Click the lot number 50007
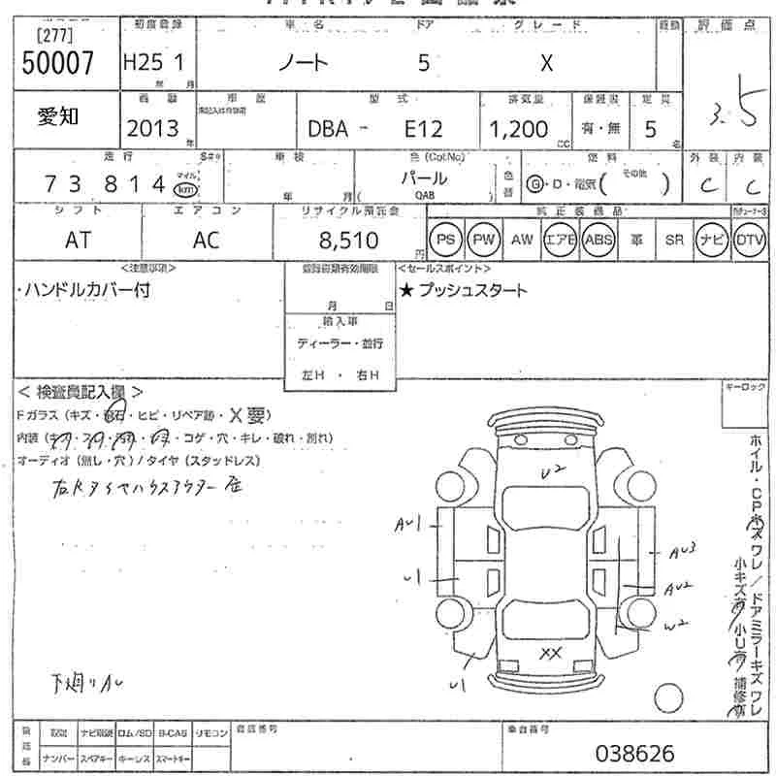tap(57, 63)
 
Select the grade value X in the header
tap(546, 64)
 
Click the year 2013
tap(151, 128)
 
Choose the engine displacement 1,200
tap(518, 128)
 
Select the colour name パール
tap(425, 178)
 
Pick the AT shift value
tap(78, 241)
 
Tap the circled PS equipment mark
tap(445, 240)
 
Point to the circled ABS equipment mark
tap(599, 240)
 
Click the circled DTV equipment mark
tap(750, 240)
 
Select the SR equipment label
tap(674, 240)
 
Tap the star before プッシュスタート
tap(406, 290)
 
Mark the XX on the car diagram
tap(551, 651)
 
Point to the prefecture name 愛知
tap(58, 116)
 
